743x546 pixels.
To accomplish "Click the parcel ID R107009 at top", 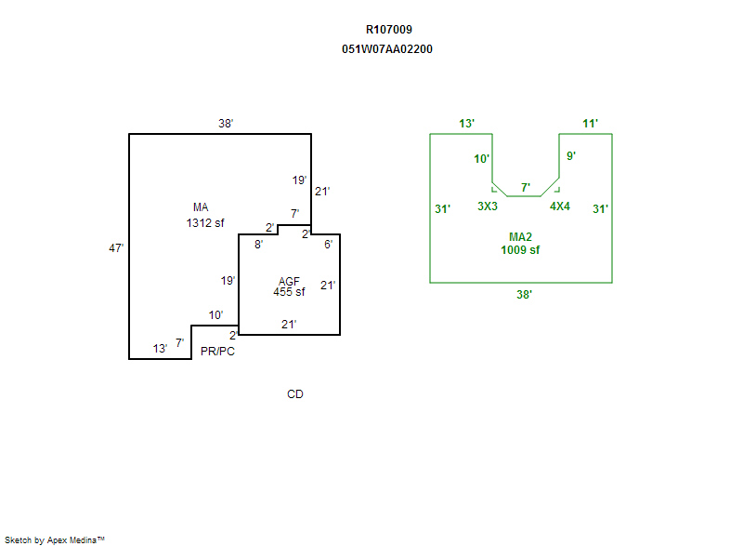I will click(388, 30).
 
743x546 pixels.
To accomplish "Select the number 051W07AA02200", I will click(387, 49).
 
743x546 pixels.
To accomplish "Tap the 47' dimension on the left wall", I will click(116, 248).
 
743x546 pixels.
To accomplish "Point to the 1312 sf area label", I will click(205, 223).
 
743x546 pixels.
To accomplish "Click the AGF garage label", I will click(289, 281).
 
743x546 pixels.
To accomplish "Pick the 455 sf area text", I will click(289, 292).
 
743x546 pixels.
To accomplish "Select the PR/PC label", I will click(217, 352).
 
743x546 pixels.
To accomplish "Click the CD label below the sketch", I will click(294, 394).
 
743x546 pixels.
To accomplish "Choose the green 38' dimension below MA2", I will click(525, 294).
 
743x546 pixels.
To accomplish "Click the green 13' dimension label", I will click(467, 123).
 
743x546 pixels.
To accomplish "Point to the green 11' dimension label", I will click(591, 123).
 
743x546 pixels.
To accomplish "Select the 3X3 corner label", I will click(488, 206).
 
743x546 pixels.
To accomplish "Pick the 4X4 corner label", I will click(560, 206).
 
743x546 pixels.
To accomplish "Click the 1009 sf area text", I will click(520, 250).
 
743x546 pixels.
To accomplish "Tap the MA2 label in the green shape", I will click(520, 237).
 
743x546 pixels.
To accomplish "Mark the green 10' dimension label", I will click(481, 159).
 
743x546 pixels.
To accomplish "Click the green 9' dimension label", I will click(571, 156).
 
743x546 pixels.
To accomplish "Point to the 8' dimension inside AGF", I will click(258, 244).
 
